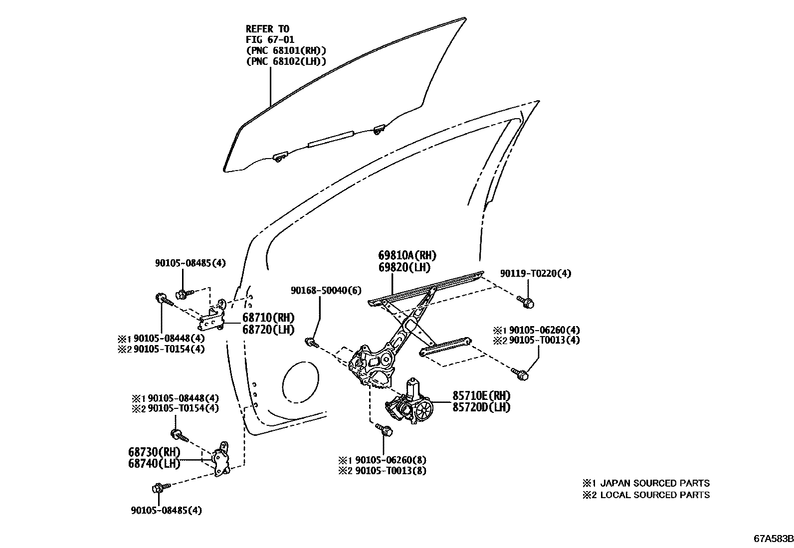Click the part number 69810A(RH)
pyautogui.click(x=407, y=256)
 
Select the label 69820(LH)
pyautogui.click(x=404, y=267)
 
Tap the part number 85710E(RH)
pyautogui.click(x=481, y=395)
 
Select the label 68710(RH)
pyautogui.click(x=268, y=318)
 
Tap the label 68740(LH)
pyautogui.click(x=154, y=463)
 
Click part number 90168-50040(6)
pyautogui.click(x=327, y=290)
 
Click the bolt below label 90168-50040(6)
pyautogui.click(x=311, y=343)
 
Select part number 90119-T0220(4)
pyautogui.click(x=536, y=273)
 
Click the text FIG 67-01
pyautogui.click(x=270, y=39)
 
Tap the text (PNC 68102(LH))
pyautogui.click(x=286, y=61)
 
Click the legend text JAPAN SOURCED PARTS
pyautogui.click(x=654, y=483)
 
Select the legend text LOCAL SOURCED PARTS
pyautogui.click(x=654, y=495)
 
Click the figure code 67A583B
pyautogui.click(x=773, y=539)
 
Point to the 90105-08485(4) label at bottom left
pyautogui.click(x=167, y=510)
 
